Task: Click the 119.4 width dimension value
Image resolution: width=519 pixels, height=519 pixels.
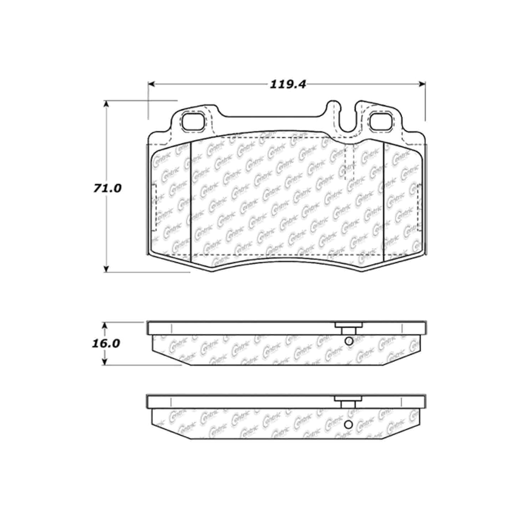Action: [288, 84]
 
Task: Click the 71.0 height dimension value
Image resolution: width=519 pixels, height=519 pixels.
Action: [107, 188]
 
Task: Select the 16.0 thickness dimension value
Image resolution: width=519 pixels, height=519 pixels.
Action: [106, 343]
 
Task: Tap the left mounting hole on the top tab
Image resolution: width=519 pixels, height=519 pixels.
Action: [193, 122]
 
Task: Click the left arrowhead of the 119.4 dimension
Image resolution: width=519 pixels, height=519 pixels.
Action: [151, 84]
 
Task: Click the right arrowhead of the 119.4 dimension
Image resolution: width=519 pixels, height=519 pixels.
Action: [422, 84]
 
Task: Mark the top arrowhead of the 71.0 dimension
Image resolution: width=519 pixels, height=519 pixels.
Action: [107, 104]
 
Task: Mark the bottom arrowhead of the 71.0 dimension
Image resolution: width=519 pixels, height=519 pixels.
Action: [107, 269]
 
